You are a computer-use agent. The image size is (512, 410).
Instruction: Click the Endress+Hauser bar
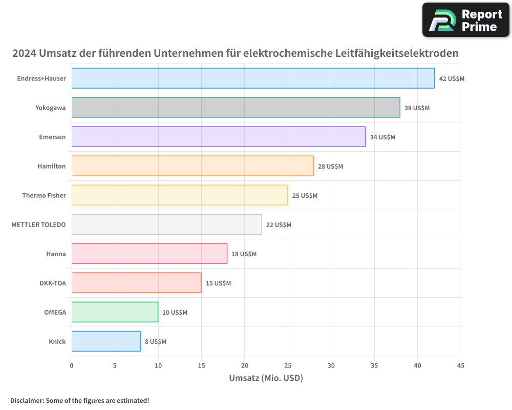tap(253, 78)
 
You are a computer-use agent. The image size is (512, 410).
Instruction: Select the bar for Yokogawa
tap(236, 108)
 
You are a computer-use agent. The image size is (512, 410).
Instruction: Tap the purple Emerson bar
tap(219, 137)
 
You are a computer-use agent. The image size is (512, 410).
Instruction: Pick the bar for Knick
tap(106, 341)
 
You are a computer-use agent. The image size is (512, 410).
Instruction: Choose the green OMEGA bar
tap(115, 312)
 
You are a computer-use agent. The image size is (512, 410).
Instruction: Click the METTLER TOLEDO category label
tap(38, 224)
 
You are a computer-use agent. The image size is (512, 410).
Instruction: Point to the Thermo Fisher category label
tap(44, 195)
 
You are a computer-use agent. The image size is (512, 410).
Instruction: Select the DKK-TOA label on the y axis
tap(53, 283)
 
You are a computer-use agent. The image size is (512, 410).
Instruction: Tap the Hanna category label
tap(56, 254)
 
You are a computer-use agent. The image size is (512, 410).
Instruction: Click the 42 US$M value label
tap(452, 79)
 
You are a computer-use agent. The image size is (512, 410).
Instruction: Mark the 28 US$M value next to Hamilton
tap(330, 167)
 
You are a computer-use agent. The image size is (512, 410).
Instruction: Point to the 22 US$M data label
tap(279, 225)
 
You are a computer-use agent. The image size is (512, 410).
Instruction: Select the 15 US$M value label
tap(218, 283)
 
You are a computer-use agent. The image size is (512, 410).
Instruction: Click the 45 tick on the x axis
tap(461, 366)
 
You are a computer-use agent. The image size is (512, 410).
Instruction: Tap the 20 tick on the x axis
tap(244, 366)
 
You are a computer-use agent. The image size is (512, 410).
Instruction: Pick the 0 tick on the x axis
tap(72, 366)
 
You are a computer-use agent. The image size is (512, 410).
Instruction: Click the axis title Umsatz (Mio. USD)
tap(266, 378)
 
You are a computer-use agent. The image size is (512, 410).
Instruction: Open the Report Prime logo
tap(466, 20)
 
